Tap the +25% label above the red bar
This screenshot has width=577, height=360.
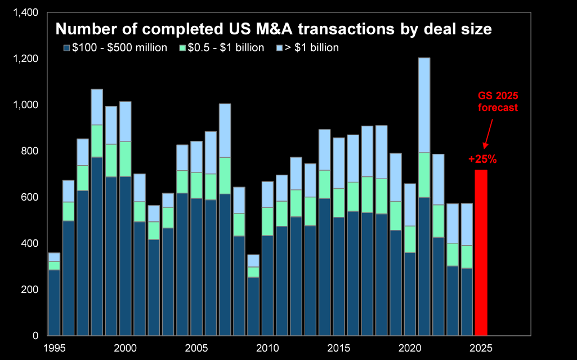482,159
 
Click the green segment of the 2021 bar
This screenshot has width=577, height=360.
424,175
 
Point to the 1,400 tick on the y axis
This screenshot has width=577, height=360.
25,12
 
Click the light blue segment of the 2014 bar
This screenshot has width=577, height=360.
324,150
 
